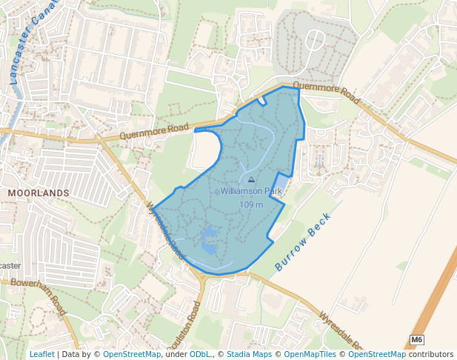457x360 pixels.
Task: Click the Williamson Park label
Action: [x=251, y=191]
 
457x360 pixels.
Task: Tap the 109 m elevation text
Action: [x=251, y=204]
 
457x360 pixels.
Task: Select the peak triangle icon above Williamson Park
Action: [x=251, y=180]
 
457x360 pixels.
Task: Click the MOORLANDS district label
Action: [x=38, y=193]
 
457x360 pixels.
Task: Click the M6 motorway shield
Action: [x=417, y=340]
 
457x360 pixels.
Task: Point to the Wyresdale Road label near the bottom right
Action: [x=341, y=330]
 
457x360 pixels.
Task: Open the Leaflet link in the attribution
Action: [x=42, y=354]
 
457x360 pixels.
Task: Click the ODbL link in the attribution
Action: [x=200, y=354]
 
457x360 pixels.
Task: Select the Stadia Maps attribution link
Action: [x=250, y=354]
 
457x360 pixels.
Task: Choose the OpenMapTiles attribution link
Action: [x=313, y=354]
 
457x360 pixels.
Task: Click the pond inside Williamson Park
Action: [x=209, y=239]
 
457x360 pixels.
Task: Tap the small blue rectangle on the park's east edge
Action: [x=281, y=182]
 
